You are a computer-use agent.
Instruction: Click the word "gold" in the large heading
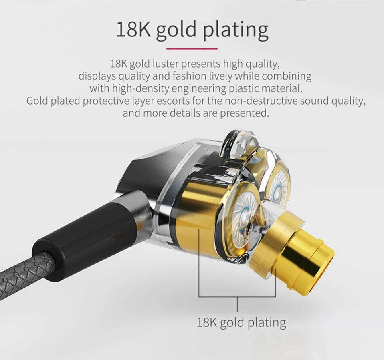click(x=176, y=30)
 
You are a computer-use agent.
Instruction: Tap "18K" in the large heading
click(x=133, y=30)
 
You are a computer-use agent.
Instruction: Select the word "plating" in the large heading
click(x=236, y=30)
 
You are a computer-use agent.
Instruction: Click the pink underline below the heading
click(x=192, y=49)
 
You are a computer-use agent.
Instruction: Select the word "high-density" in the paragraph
click(x=141, y=88)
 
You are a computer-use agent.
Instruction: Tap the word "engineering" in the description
click(x=199, y=88)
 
